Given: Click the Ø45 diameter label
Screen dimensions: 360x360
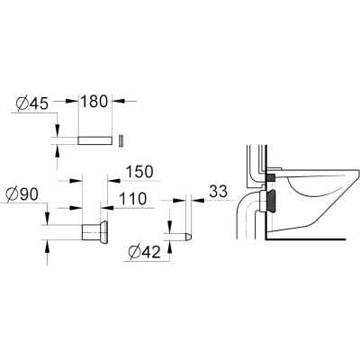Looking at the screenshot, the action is (31, 103).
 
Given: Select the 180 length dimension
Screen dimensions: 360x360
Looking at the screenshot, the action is (94, 102).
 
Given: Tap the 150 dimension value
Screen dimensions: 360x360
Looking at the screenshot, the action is (139, 172).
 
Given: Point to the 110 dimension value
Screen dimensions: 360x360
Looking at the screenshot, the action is (133, 199).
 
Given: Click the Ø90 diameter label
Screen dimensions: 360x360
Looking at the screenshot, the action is (22, 194).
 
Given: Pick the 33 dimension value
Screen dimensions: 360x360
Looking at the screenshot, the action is (218, 192).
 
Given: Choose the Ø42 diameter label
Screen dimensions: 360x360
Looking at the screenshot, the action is (144, 253).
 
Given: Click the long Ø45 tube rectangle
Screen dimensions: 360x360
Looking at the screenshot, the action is (95, 140).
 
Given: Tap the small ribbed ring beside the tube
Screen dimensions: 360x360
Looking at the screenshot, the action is (121, 140).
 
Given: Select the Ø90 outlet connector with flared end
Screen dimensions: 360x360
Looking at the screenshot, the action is (94, 232).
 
